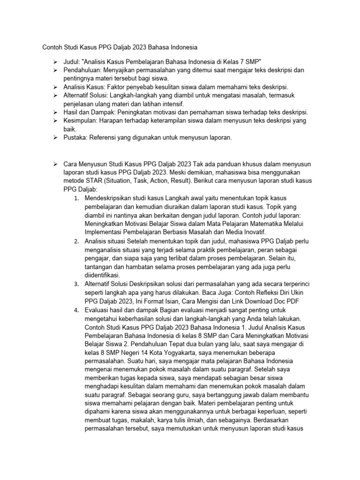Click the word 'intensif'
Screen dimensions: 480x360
click(x=172, y=104)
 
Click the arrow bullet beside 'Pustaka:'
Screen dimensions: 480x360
click(x=55, y=138)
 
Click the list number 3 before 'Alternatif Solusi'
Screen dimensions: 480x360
click(x=76, y=284)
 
